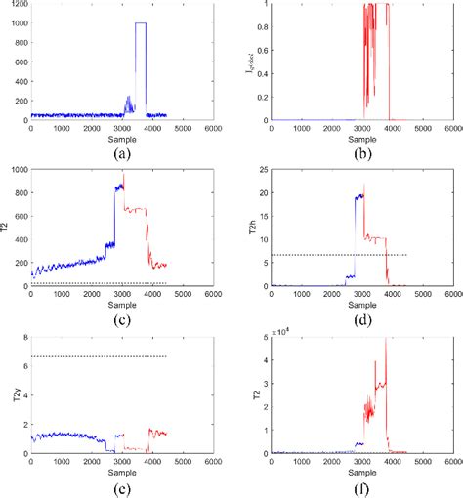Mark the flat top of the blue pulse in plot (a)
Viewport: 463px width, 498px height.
pyautogui.click(x=141, y=22)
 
